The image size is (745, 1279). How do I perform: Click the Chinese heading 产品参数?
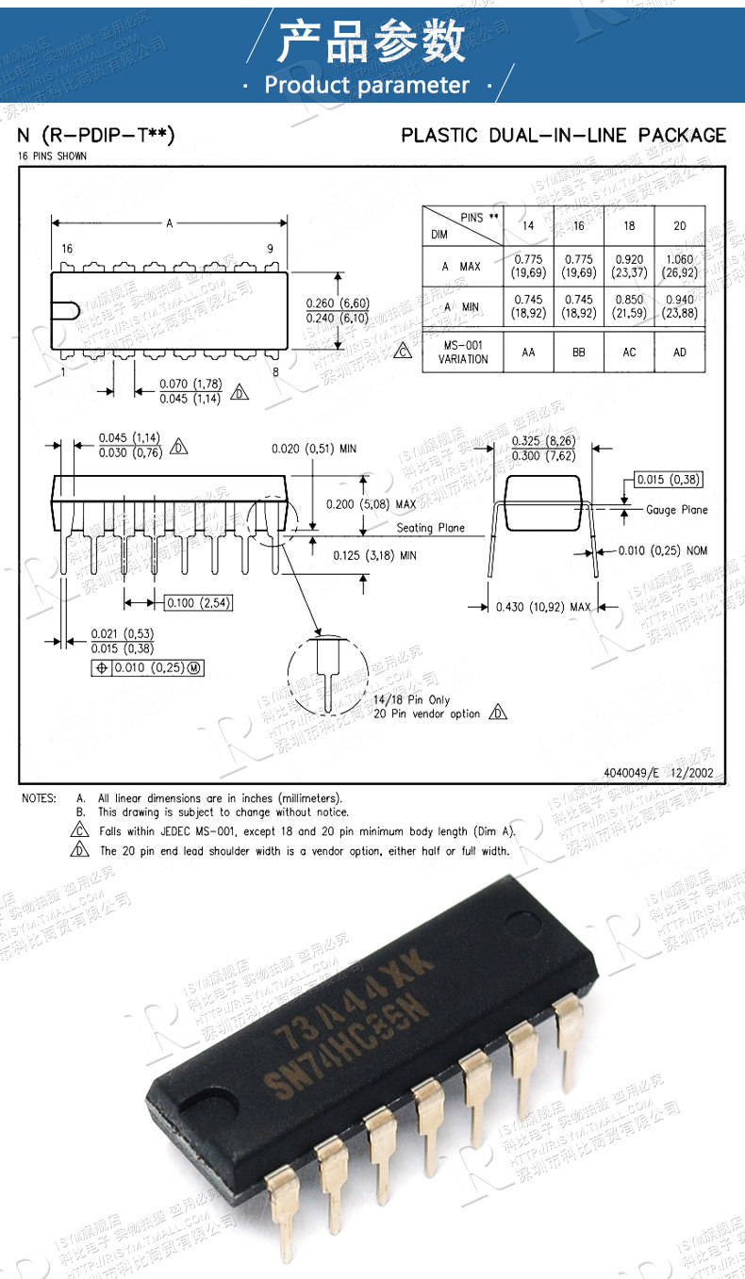[372, 41]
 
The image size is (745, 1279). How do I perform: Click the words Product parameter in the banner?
[367, 85]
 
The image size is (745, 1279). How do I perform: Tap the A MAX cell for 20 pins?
[680, 266]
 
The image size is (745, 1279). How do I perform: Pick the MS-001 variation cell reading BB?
[578, 352]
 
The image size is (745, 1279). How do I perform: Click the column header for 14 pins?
[527, 226]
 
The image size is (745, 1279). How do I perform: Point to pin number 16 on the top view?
[66, 248]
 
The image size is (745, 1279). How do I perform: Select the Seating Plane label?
[430, 528]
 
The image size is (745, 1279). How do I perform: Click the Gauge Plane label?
[677, 510]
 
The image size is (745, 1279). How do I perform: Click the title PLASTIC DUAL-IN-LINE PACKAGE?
[564, 135]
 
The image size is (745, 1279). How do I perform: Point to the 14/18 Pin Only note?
[411, 700]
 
